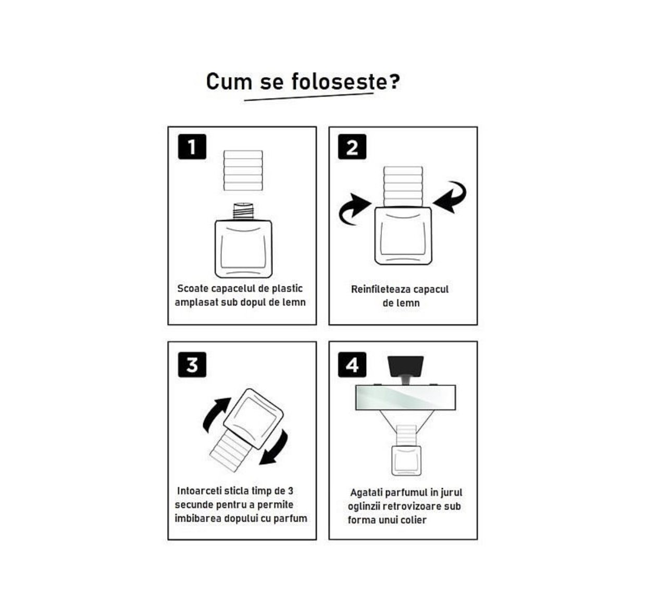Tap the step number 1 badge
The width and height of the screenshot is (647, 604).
click(192, 147)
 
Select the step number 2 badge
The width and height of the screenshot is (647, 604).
click(352, 147)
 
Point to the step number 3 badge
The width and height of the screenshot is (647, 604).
click(192, 365)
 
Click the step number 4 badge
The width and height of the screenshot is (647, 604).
click(352, 365)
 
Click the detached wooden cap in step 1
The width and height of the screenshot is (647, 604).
click(243, 171)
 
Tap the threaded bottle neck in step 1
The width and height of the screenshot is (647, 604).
click(243, 212)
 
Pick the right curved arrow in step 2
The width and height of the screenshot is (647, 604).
click(450, 197)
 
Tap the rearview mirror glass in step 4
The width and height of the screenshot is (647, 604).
click(406, 397)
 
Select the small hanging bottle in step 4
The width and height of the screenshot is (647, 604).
click(406, 460)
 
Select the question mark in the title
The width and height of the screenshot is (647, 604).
click(394, 81)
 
